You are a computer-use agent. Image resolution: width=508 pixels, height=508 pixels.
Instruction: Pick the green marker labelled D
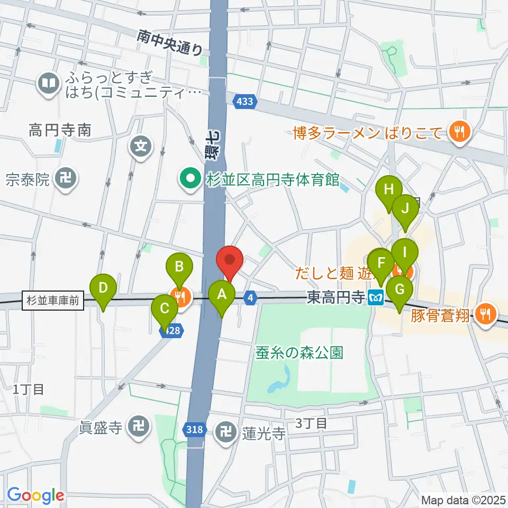(x=104, y=288)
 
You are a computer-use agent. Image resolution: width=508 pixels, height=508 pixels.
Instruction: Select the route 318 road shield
(x=195, y=430)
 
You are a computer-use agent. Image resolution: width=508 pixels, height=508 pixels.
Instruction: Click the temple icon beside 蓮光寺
(x=226, y=433)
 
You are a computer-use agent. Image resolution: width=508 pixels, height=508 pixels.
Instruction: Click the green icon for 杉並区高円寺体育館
(x=189, y=179)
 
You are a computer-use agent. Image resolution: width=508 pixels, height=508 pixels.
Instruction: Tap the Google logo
(x=35, y=496)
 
